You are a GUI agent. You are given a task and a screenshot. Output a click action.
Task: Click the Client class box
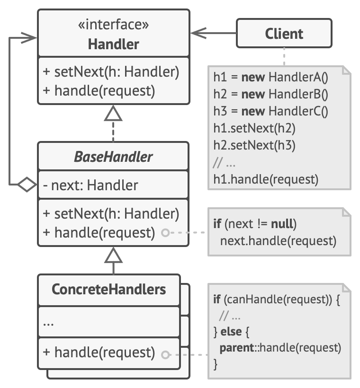(x=284, y=34)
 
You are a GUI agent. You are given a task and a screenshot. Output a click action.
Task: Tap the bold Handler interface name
(x=113, y=44)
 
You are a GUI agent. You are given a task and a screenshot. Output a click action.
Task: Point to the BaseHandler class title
(x=113, y=157)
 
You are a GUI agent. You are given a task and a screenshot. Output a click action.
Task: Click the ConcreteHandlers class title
(x=109, y=289)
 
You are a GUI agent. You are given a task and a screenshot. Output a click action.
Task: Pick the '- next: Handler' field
(x=90, y=185)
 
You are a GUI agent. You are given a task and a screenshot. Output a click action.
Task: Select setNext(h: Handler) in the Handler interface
(x=111, y=72)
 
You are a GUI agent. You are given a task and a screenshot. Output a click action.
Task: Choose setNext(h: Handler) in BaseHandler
(x=111, y=214)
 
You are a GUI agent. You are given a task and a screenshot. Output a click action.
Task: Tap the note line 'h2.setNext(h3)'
(x=254, y=145)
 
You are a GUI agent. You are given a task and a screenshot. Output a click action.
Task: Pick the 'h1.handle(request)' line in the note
(x=265, y=179)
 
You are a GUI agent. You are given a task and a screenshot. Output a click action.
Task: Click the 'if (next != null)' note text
(x=255, y=223)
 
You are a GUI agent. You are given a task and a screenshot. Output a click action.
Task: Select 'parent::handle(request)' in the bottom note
(x=279, y=348)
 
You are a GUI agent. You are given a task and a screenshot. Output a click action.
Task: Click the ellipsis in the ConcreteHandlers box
(x=48, y=324)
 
